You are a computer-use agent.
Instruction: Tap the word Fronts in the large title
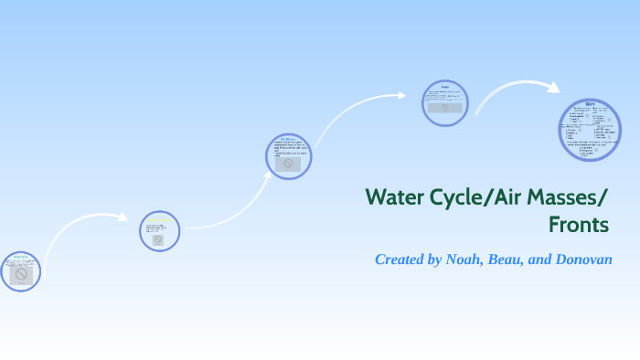click(x=578, y=224)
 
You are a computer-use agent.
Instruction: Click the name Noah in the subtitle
click(x=467, y=259)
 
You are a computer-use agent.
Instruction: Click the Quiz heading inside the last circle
click(x=590, y=105)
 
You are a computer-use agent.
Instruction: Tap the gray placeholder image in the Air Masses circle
click(x=288, y=164)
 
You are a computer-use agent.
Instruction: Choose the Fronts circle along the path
click(x=445, y=102)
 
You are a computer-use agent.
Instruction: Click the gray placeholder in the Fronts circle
click(x=445, y=107)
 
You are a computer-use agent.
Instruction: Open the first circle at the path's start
click(x=20, y=270)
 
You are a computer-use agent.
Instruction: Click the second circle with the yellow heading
click(x=159, y=231)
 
